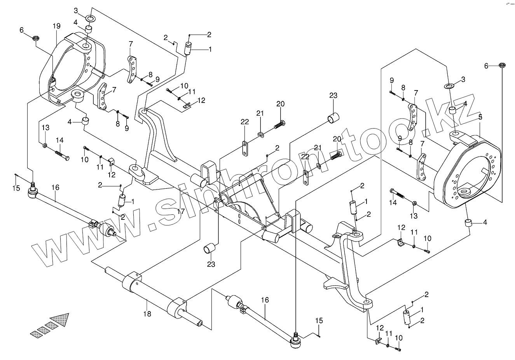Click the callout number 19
pyautogui.click(x=56, y=26)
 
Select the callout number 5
pyautogui.click(x=480, y=117)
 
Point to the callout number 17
pyautogui.click(x=181, y=212)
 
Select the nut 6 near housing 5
pyautogui.click(x=501, y=65)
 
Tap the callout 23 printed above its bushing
pyautogui.click(x=333, y=96)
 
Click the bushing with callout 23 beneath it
pyautogui.click(x=210, y=248)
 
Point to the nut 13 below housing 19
pyautogui.click(x=45, y=146)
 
